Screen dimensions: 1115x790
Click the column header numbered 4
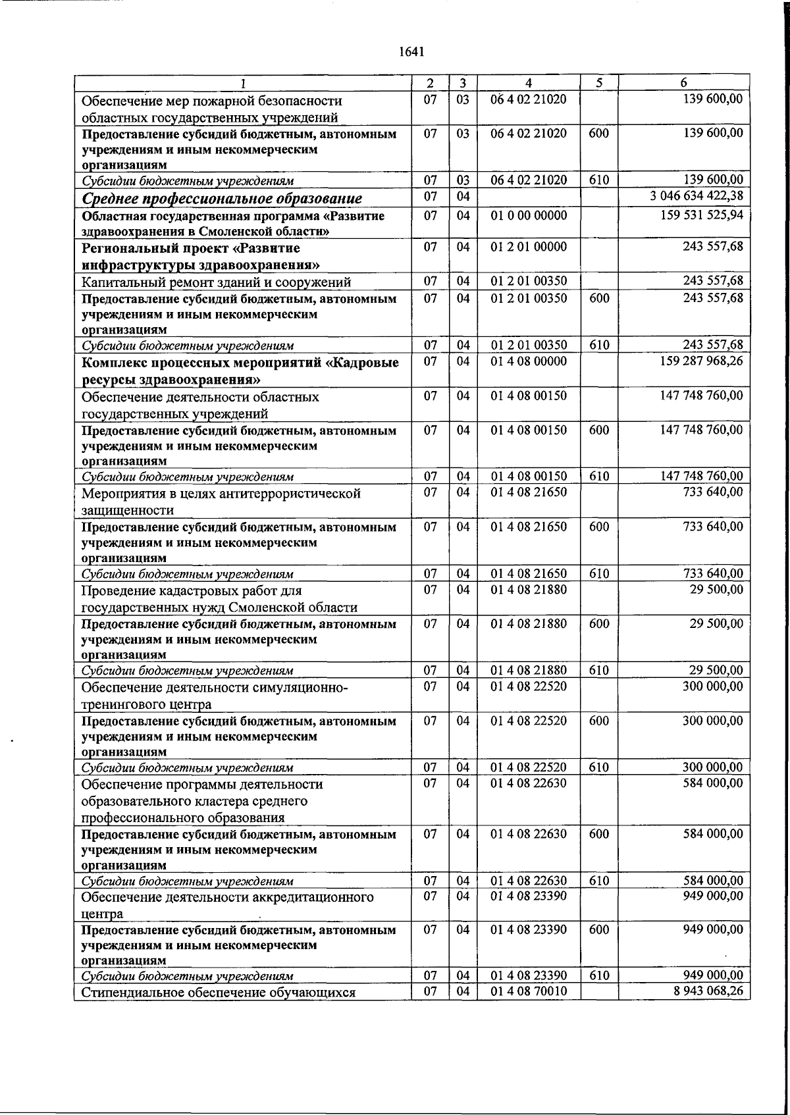click(529, 83)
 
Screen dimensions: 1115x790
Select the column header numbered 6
click(684, 83)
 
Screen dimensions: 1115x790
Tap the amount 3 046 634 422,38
click(697, 196)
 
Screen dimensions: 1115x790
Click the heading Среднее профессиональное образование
click(222, 198)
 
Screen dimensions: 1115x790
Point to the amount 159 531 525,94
click(701, 215)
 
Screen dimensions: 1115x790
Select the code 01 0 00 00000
click(529, 215)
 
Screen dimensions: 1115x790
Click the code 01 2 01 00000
click(529, 247)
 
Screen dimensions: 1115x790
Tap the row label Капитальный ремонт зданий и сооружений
click(216, 282)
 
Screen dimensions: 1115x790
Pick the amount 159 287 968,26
click(701, 361)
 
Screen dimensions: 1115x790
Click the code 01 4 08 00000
click(529, 361)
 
